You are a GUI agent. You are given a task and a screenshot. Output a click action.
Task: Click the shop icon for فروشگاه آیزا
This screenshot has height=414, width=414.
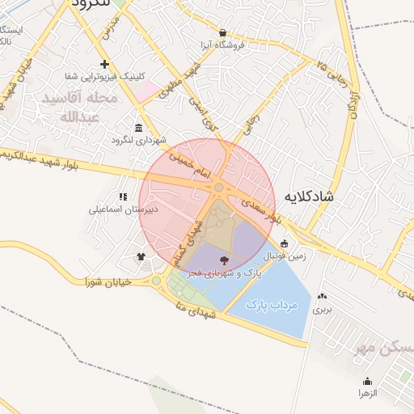[222, 33]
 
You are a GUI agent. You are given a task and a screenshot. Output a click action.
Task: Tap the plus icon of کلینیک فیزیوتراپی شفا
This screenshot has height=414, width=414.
[103, 64]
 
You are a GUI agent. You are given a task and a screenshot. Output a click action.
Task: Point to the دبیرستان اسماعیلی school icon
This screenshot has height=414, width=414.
[123, 196]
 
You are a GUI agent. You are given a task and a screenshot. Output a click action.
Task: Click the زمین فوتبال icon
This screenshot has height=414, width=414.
[284, 243]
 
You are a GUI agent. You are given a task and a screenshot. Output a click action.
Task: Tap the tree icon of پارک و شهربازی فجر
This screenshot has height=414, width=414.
[224, 260]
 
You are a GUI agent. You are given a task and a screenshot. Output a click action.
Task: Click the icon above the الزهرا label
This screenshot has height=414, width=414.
[367, 381]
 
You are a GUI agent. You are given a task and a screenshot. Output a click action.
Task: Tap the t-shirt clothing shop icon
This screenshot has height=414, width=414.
[142, 257]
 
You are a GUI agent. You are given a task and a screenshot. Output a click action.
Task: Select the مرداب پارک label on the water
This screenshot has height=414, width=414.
[272, 306]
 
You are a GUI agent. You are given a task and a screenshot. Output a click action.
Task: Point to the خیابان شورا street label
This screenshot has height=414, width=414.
[107, 281]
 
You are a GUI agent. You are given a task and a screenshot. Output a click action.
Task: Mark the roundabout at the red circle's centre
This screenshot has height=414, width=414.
[218, 188]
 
